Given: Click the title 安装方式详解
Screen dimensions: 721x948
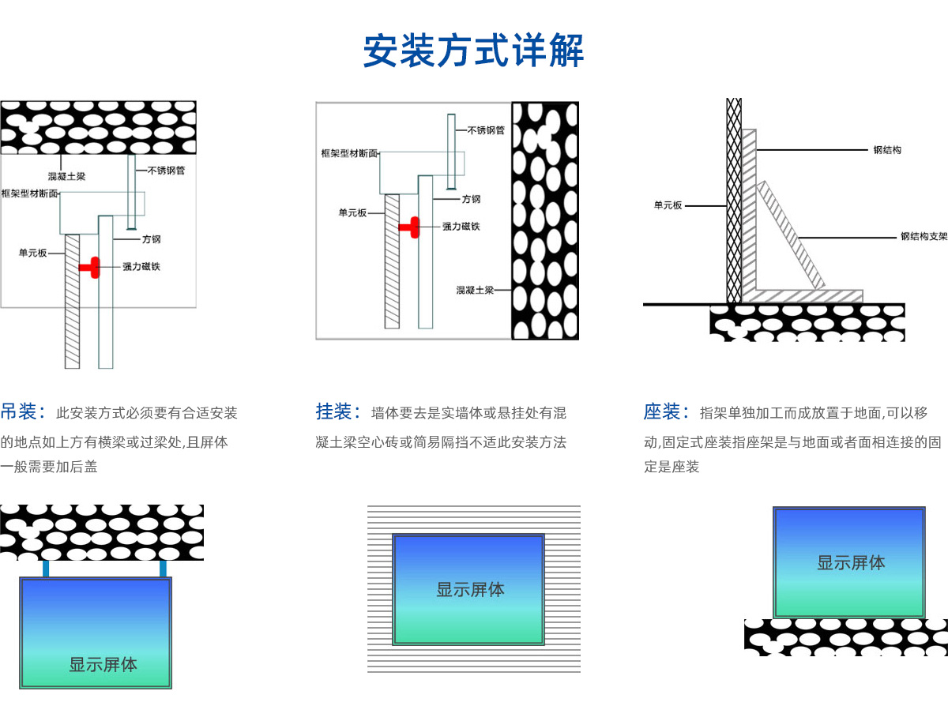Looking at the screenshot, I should coord(473,51).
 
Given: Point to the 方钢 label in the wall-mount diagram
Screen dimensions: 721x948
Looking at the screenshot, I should coord(472,199).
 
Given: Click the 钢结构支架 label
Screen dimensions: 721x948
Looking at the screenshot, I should coord(924,236).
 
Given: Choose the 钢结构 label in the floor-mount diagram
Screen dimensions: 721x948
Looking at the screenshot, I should coord(887,150).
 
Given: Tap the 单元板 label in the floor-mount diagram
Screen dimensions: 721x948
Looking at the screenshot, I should coord(668,205).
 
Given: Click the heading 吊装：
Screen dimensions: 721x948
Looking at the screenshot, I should coord(23,412).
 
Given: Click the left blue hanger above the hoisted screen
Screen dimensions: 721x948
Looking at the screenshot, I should coord(46,569).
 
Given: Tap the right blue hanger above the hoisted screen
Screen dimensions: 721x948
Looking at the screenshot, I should coord(163,569).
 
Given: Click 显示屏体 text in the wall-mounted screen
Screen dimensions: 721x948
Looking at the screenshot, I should coord(470,590).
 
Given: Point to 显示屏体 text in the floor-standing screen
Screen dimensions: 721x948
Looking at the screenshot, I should coord(851,563).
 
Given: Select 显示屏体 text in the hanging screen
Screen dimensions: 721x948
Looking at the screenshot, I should coord(103,665).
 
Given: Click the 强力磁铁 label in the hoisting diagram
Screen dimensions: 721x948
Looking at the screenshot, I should coord(141,267).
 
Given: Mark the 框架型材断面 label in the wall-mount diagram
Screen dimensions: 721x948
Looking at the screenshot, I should coord(349,152).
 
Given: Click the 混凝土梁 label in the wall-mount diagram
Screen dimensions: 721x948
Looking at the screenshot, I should coord(475,291).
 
